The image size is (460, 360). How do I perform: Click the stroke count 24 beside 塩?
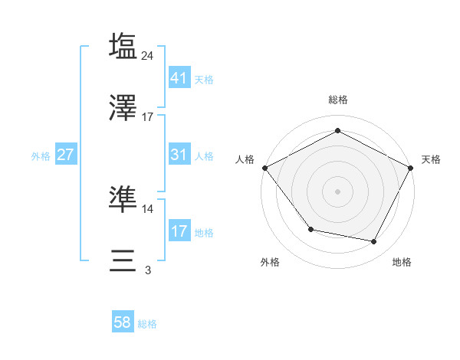[148, 55]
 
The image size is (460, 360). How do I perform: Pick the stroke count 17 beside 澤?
[148, 117]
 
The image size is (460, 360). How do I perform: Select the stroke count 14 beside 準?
[148, 208]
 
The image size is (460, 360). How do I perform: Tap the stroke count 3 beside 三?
[148, 270]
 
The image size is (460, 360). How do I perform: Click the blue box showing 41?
[179, 77]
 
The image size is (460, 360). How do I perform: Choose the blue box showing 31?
[179, 154]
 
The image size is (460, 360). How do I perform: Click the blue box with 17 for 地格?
[179, 231]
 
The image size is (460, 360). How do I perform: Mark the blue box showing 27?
[65, 154]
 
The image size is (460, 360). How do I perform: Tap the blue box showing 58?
[123, 322]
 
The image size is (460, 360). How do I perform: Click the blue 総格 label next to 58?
[147, 324]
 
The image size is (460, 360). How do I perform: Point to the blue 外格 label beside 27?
[41, 155]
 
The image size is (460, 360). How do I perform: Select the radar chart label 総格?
[337, 100]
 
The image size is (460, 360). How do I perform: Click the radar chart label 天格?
[431, 159]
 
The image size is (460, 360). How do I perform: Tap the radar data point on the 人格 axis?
[264, 167]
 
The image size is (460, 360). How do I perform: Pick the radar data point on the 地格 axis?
[374, 241]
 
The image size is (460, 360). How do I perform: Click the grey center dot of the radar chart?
[337, 191]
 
